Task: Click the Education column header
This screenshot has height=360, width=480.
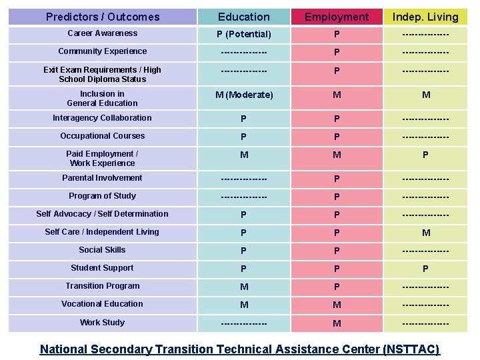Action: (244, 17)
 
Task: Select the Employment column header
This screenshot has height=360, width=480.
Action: (337, 17)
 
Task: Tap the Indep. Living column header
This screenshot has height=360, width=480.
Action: (425, 17)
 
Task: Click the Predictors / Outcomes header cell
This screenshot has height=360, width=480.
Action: (103, 17)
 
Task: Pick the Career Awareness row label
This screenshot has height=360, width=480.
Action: (103, 33)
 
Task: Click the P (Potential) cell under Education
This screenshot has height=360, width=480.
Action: (244, 34)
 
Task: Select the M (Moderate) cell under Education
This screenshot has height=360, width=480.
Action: (244, 95)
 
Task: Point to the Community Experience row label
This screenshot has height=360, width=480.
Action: (103, 51)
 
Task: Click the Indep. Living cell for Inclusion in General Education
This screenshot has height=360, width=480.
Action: (425, 95)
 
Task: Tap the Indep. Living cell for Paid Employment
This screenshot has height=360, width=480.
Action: (425, 155)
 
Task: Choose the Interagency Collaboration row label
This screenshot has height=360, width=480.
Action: (103, 118)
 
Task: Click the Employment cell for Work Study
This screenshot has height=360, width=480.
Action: (337, 323)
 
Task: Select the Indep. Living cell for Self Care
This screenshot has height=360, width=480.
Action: (425, 233)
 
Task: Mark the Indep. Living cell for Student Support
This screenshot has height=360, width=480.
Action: (425, 269)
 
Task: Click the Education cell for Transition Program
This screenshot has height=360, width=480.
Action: (244, 287)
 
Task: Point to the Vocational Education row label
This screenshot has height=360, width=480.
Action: (103, 304)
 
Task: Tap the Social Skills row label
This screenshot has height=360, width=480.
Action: (103, 250)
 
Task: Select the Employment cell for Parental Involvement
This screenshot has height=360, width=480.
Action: (337, 179)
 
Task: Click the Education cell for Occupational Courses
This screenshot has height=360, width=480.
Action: (244, 137)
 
